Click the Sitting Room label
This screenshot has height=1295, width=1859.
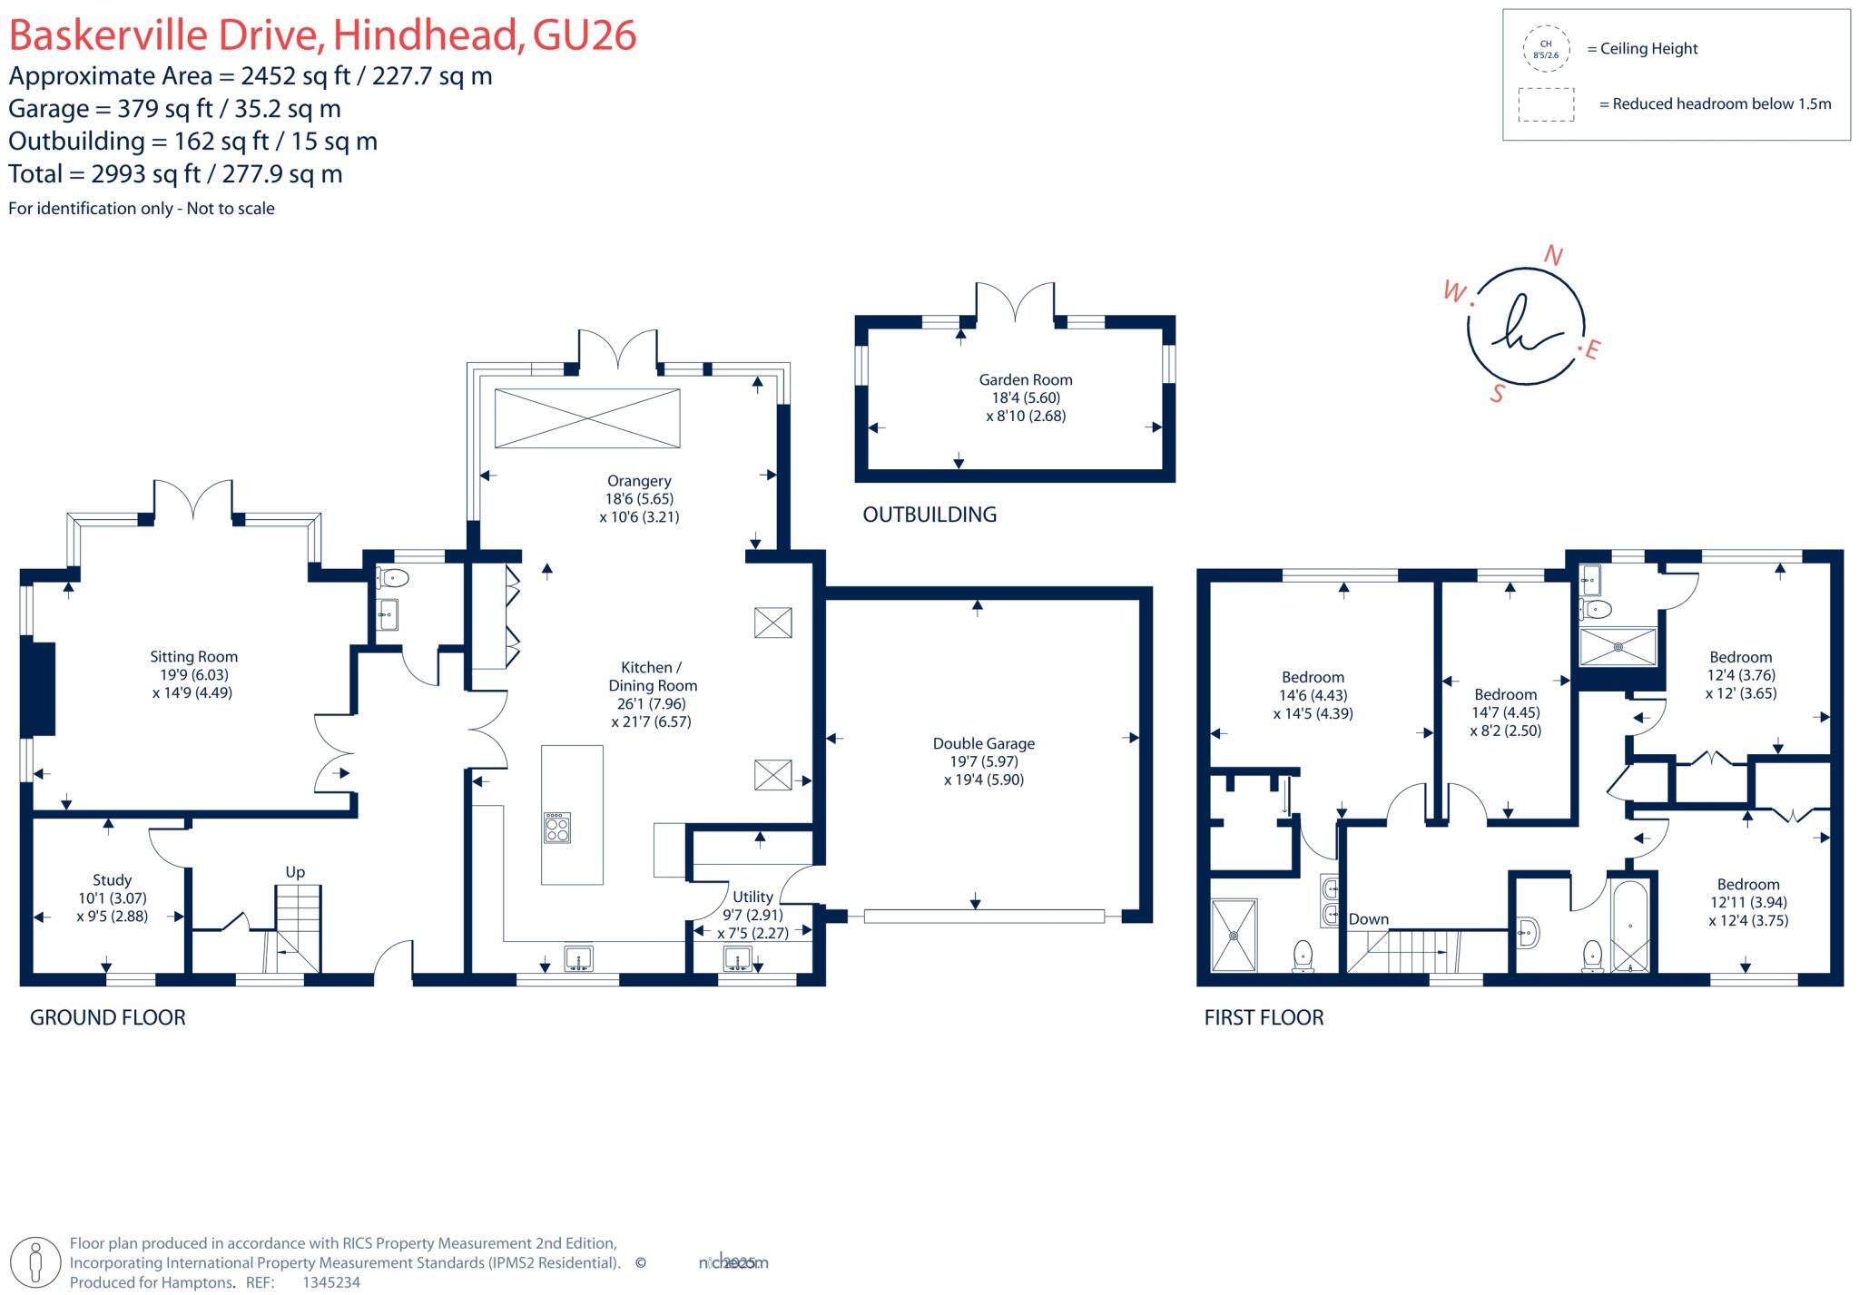[193, 656]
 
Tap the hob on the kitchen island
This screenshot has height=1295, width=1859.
[557, 828]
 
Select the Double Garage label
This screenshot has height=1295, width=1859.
[983, 743]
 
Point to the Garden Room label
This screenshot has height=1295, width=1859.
[1025, 379]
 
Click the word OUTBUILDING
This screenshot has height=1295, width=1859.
[929, 515]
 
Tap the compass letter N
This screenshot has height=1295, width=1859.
[1553, 256]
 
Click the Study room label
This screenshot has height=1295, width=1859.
[112, 879]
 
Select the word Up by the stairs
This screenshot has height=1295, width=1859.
[295, 871]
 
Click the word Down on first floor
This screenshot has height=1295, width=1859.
[1368, 918]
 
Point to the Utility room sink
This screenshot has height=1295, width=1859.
[738, 957]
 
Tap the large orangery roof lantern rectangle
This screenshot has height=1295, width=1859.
[587, 418]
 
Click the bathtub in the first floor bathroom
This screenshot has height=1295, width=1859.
[1631, 926]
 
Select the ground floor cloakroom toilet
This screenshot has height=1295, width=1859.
[393, 577]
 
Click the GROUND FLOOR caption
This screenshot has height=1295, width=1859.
[107, 1017]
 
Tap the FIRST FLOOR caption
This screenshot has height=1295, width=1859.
[1264, 1017]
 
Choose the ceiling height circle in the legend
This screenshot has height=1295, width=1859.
[1546, 49]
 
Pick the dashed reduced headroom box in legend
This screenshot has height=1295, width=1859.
[1546, 104]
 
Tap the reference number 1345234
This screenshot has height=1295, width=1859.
[330, 1282]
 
